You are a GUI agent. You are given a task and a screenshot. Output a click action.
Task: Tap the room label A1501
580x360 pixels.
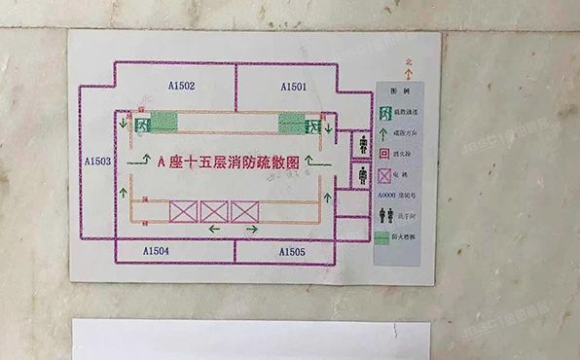pyautogui.click(x=294, y=87)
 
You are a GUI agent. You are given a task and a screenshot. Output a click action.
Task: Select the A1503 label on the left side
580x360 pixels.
pyautogui.click(x=98, y=162)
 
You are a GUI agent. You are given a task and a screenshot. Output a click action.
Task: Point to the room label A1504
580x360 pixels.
pyautogui.click(x=156, y=251)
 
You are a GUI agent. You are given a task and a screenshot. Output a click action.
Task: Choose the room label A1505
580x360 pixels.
pyautogui.click(x=292, y=252)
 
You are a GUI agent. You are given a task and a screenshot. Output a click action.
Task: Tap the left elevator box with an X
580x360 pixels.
pyautogui.click(x=183, y=210)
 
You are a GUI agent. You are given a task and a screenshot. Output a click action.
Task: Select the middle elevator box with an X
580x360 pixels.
pyautogui.click(x=213, y=210)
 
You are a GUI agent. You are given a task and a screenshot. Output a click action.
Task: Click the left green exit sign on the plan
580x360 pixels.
pyautogui.click(x=143, y=124)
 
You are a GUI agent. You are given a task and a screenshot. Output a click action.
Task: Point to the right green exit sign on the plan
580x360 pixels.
pyautogui.click(x=312, y=124)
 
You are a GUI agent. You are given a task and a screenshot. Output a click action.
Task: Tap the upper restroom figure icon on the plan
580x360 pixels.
pyautogui.click(x=361, y=146)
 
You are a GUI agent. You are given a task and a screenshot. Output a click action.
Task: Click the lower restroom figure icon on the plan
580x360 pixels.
pyautogui.click(x=361, y=176)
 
